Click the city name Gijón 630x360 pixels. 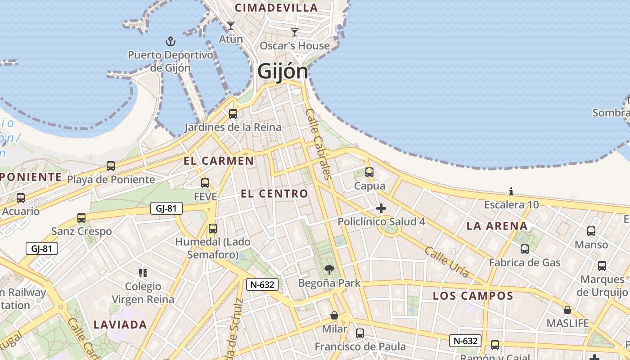(x=283, y=71)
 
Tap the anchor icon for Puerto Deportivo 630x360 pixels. (x=170, y=42)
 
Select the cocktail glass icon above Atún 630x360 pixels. (x=231, y=26)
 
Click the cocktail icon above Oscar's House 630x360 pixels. (x=295, y=32)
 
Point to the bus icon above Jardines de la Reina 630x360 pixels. (x=233, y=113)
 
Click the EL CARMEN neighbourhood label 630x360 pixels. (x=219, y=161)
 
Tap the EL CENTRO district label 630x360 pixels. (x=274, y=194)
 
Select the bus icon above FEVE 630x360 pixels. (x=205, y=183)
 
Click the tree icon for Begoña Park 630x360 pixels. (x=329, y=270)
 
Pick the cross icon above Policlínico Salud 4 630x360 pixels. (x=381, y=208)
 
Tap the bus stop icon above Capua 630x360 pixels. (x=369, y=172)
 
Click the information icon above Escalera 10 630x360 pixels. (x=511, y=191)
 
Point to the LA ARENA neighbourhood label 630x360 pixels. (x=497, y=226)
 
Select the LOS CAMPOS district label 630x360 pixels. (x=473, y=296)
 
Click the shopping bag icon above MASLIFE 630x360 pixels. (x=567, y=310)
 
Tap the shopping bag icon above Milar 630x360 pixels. (x=334, y=315)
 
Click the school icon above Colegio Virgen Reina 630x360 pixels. (x=143, y=273)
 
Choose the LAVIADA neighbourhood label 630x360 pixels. (x=120, y=324)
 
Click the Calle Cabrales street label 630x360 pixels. (x=318, y=144)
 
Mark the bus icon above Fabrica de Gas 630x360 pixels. (x=525, y=249)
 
